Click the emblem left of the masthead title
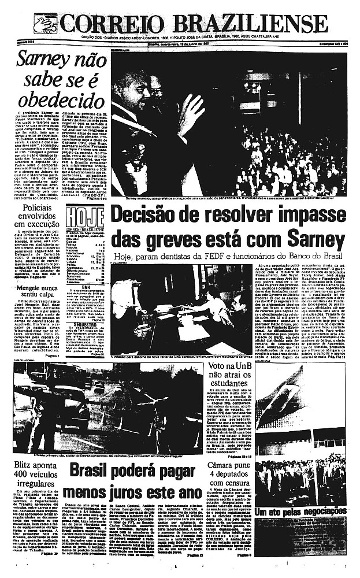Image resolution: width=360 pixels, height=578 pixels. pos(45,25)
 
